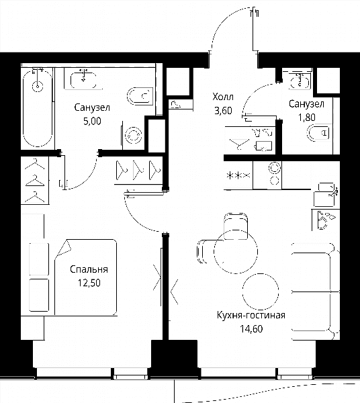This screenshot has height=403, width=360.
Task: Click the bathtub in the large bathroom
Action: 38,108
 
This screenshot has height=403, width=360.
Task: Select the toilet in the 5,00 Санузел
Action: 140,96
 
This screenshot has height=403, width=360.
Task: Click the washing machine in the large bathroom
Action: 133,135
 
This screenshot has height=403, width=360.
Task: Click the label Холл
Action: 223,97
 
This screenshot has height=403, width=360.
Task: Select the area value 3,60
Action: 223,111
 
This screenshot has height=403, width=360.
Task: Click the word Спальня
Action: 89,269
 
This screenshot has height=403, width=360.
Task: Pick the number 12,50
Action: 89,283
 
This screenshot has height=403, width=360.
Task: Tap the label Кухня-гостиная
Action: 251,315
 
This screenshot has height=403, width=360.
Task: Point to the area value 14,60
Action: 251,328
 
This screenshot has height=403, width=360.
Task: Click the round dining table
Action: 236,251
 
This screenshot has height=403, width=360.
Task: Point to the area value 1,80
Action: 306,118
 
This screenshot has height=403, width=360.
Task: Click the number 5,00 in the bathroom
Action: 92,121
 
